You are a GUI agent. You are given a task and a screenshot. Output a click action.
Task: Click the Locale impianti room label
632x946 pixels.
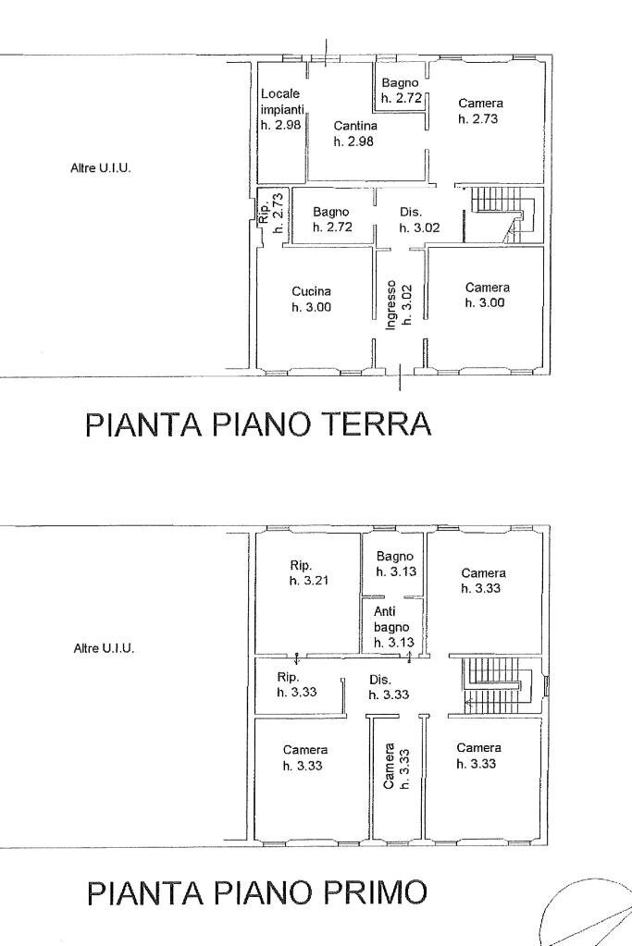[x=279, y=109]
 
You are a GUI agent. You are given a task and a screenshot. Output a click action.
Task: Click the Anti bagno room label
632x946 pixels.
[x=390, y=626]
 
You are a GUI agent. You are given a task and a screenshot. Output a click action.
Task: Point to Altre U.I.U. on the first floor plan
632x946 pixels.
[x=104, y=648]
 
